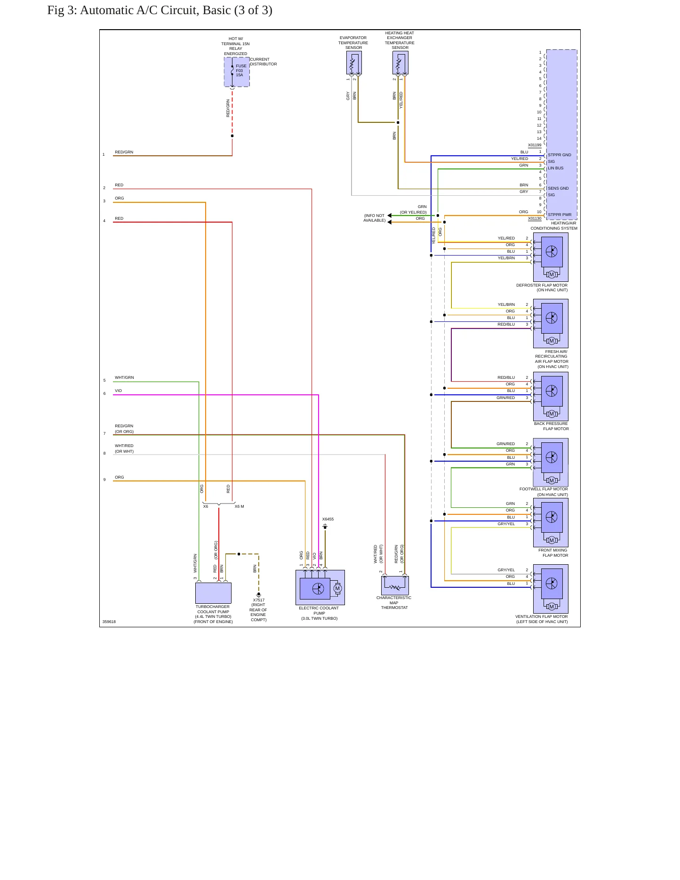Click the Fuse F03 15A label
[x=241, y=71]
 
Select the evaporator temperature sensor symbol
[x=354, y=63]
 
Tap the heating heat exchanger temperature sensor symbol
[x=400, y=63]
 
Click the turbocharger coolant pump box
[x=213, y=593]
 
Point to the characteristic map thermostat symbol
[x=395, y=586]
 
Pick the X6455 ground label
[x=328, y=519]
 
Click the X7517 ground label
[x=259, y=600]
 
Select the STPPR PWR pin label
[x=560, y=215]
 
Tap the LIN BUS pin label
[x=555, y=168]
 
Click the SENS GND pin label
[x=558, y=188]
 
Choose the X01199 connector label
[x=535, y=145]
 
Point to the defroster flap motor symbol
[x=551, y=257]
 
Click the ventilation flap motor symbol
[x=551, y=589]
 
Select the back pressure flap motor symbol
[x=551, y=396]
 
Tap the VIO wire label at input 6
[x=118, y=391]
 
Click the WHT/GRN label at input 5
[x=124, y=377]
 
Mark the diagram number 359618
[x=109, y=622]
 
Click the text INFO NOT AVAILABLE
[x=374, y=218]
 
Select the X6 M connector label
[x=239, y=506]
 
